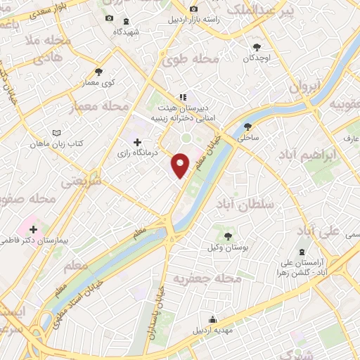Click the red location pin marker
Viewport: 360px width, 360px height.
pos(181,165)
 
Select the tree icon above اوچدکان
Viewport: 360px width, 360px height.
pos(257,47)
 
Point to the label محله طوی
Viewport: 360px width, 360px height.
pos(191,61)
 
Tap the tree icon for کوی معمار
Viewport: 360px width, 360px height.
pos(98,72)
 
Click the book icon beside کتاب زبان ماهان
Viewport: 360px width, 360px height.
pos(56,132)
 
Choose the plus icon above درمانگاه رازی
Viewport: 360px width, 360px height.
pos(136,141)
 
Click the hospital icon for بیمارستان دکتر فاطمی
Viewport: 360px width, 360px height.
pos(33,229)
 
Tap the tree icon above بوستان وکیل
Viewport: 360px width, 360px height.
pos(227,236)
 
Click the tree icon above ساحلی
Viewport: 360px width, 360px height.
pos(247,127)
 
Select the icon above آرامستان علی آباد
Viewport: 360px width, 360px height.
pos(302,252)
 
